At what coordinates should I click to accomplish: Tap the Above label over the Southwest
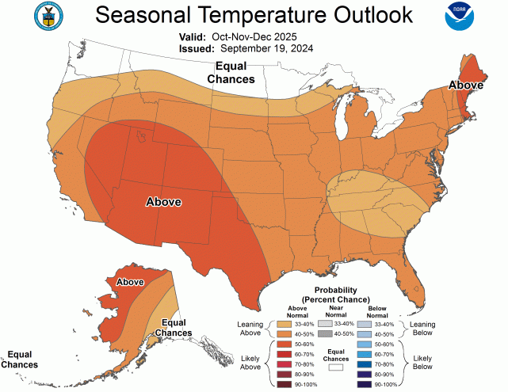163,202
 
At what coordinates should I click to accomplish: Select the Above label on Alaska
129,281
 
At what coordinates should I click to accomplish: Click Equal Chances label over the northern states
231,73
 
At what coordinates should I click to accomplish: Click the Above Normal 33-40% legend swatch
284,324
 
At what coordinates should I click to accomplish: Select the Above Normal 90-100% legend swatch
284,385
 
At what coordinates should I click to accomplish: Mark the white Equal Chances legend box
335,367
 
